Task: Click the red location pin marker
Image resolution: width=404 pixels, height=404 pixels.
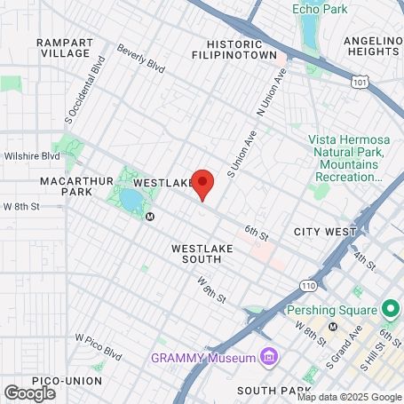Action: tap(203, 184)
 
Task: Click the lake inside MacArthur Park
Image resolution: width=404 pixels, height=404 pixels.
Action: tap(131, 200)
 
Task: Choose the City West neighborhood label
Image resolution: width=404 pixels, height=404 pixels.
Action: tap(328, 231)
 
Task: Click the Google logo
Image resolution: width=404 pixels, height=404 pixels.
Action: tap(29, 392)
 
